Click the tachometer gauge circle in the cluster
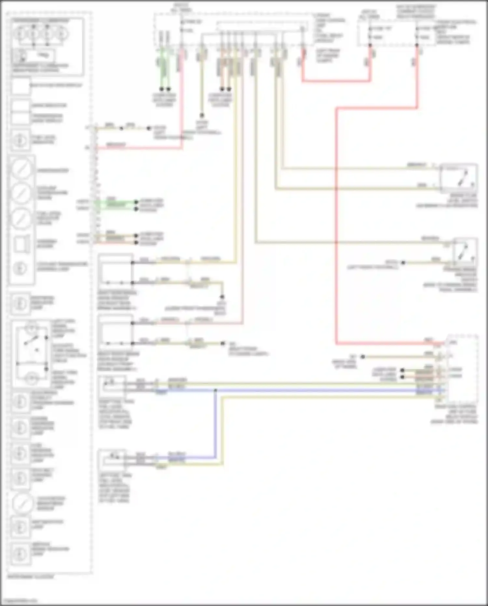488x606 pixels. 21,169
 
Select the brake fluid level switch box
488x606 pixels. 459,178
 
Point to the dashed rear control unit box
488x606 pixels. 462,370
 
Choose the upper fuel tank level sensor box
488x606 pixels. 112,386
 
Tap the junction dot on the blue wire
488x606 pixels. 215,390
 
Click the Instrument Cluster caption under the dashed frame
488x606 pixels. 31,577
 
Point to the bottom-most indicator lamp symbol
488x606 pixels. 20,554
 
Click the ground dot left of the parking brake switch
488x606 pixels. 403,262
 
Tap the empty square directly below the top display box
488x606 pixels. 21,106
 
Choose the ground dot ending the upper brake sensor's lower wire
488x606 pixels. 222,297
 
